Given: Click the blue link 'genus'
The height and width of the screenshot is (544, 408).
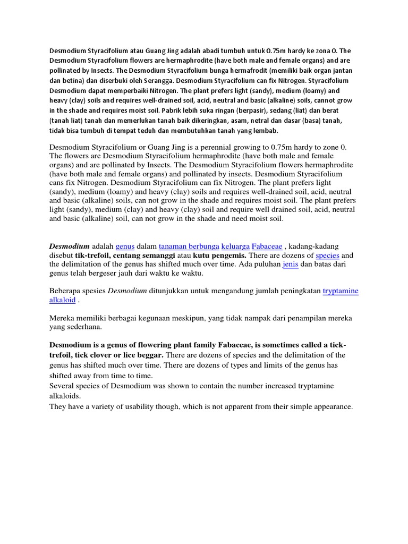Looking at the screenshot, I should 125,246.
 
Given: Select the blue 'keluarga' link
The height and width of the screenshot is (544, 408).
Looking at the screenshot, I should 234,246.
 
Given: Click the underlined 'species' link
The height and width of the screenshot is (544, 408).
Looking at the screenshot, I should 327,256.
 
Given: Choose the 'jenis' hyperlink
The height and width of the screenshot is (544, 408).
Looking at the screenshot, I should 290,264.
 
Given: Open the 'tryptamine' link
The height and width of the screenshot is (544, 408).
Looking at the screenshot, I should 341,291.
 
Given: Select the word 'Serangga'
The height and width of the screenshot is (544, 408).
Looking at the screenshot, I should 172,81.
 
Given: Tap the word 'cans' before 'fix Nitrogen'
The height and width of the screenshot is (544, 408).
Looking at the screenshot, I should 59,183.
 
